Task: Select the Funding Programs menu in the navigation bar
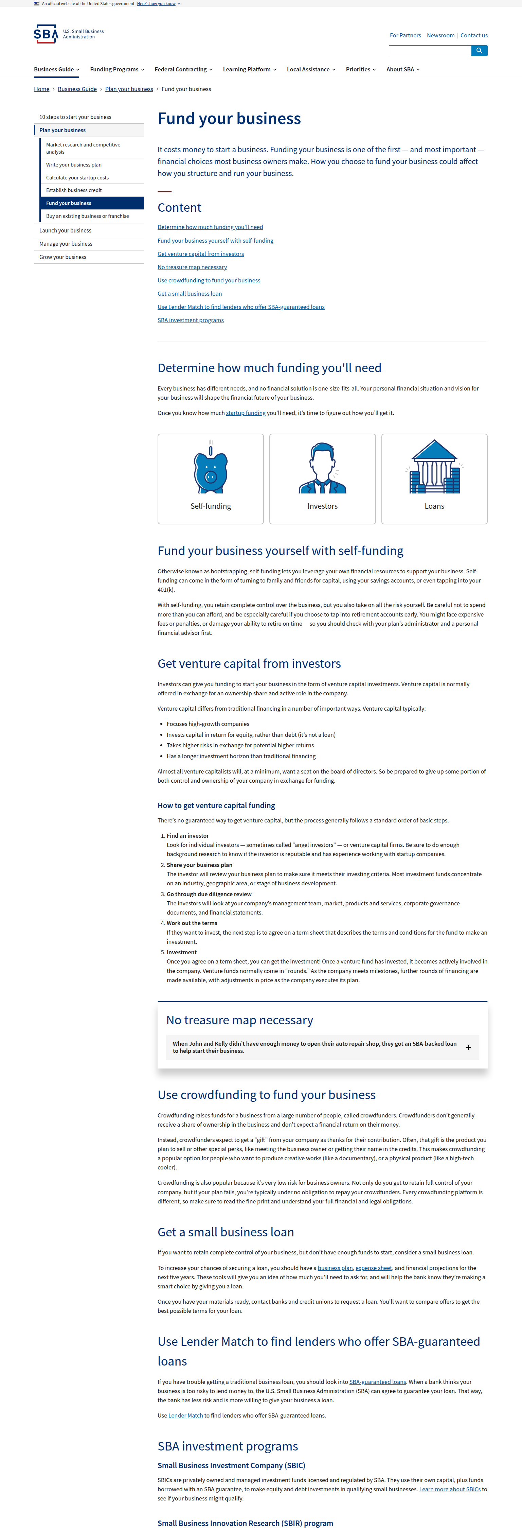point(117,69)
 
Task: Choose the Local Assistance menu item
point(311,69)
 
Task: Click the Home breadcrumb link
point(41,89)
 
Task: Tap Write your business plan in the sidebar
point(74,165)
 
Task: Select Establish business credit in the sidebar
point(74,191)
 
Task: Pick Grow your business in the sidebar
point(63,257)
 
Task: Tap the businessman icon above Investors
point(322,469)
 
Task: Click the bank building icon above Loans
point(434,467)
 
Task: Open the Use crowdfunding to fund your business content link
point(209,280)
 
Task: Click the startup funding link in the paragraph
point(246,413)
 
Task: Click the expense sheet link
point(374,1268)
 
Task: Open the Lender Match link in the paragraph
point(186,1415)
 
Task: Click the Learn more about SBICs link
point(450,1489)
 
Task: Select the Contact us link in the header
point(474,36)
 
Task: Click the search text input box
point(430,51)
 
